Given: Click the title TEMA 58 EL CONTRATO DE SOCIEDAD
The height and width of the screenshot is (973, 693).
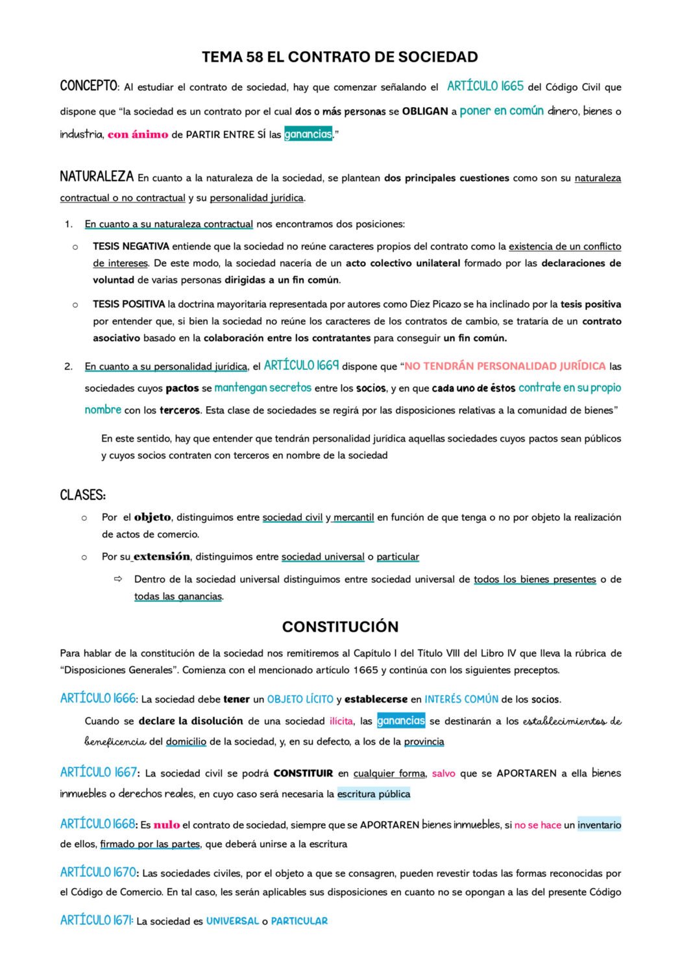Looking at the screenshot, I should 339,57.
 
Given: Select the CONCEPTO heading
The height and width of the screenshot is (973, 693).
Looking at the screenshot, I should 88,86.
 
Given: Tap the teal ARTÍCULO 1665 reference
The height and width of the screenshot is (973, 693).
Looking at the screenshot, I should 485,86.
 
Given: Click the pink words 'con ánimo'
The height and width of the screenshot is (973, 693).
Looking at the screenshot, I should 138,134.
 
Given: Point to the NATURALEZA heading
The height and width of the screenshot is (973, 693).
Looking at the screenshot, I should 97,176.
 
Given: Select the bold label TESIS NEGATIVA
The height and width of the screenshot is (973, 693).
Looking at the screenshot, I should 130,246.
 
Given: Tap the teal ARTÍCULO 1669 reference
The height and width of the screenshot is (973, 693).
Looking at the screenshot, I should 301,366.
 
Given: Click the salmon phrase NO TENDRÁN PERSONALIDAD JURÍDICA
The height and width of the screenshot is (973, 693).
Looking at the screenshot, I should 505,366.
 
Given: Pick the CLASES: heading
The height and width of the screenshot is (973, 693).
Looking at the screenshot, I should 82,496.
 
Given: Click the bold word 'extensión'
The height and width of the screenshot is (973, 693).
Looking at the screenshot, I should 162,557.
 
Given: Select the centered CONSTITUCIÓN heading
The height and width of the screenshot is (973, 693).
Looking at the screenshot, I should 340,627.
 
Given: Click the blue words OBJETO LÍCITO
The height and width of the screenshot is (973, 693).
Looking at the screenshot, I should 300,699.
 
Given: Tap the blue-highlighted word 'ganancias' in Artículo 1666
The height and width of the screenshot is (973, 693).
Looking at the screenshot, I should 401,721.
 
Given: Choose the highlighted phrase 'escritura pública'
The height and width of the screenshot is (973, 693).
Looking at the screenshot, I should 374,794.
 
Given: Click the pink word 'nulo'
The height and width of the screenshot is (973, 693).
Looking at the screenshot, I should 166,825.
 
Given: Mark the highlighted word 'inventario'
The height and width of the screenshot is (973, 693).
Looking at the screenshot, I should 599,825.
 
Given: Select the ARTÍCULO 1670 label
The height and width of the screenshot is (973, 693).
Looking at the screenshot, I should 98,872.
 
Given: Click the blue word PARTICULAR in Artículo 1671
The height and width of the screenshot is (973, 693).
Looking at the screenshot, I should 299,921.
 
